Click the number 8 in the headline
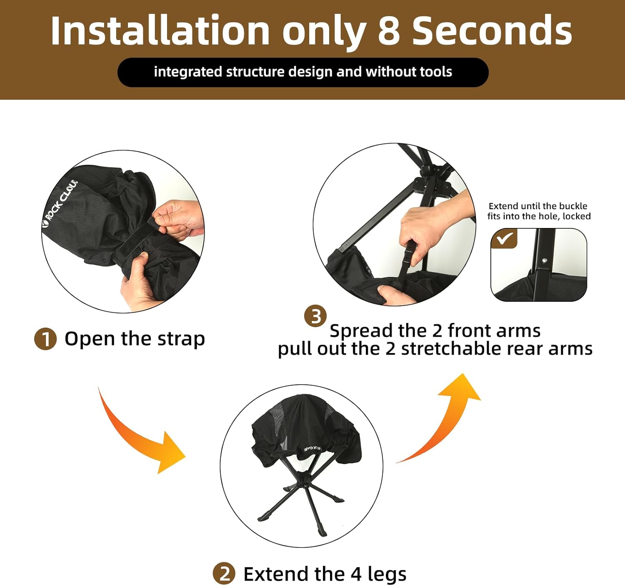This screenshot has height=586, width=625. click(389, 30)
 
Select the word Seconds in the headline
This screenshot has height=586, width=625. click(492, 30)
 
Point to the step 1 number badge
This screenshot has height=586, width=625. click(45, 339)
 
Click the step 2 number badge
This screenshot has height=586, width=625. click(224, 574)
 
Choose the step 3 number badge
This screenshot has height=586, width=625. click(315, 316)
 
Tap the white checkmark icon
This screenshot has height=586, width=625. click(505, 239)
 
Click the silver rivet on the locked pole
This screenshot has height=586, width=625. click(545, 260)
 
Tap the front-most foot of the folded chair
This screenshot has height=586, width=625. click(323, 533)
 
